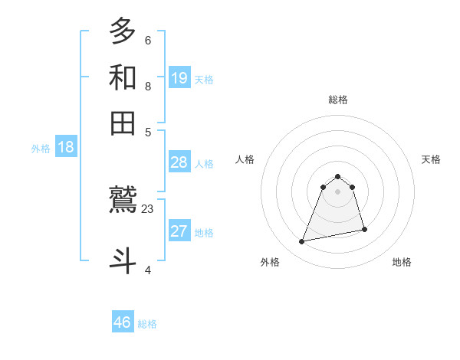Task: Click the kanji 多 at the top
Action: pos(123,32)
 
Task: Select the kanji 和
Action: pos(123,77)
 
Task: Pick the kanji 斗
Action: pos(123,259)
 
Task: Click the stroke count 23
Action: pos(148,208)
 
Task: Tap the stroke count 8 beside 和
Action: pos(147,86)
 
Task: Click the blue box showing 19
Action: pos(179,77)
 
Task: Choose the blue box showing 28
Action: pos(179,162)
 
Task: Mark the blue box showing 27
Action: pos(179,232)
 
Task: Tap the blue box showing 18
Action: pos(66,148)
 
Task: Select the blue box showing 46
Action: pos(123,322)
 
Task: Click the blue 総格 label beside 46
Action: pos(147,324)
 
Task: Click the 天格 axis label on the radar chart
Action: pos(431,159)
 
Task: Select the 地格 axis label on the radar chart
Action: pos(402,262)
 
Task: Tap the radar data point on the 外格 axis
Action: pos(302,242)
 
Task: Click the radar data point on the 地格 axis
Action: pos(364,230)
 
